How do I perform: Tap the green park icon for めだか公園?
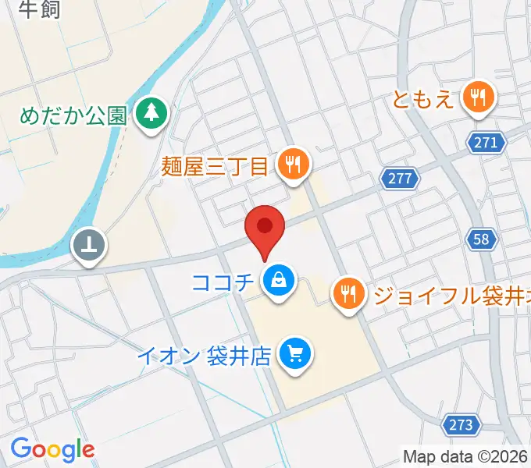coord(151,115)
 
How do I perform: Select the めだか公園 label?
coord(73,116)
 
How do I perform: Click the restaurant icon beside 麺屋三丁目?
coord(294,165)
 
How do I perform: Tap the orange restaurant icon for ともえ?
coord(476,97)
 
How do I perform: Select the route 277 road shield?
coord(400,179)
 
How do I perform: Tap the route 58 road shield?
coord(482,239)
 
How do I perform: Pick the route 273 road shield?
coord(462,424)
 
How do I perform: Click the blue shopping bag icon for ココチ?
coord(278,278)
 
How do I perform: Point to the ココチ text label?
coord(223,278)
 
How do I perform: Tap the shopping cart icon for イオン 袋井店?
coord(295,354)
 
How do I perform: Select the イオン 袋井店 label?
coord(204,356)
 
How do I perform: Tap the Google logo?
coord(52,449)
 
